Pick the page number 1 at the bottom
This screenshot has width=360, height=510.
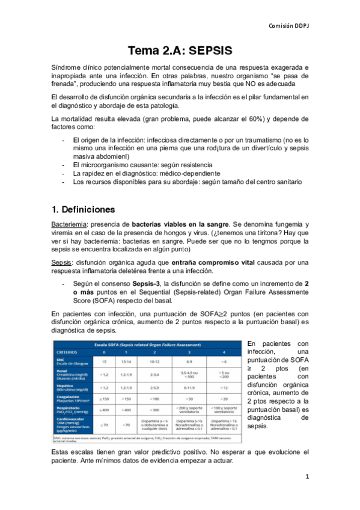coord(307,477)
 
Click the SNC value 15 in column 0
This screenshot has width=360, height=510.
coord(105,361)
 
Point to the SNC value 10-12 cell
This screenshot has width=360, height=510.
coord(154,361)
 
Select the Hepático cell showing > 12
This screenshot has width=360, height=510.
coord(224,388)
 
